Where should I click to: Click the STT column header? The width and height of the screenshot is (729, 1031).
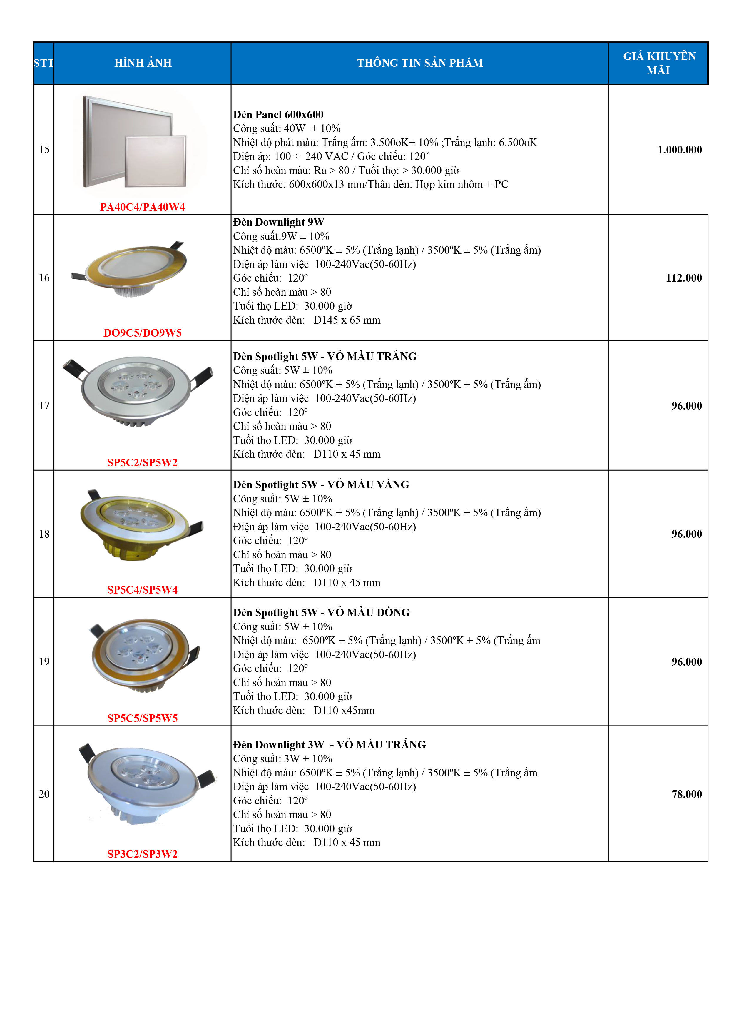tap(44, 63)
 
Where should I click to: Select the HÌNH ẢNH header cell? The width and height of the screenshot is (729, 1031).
tap(143, 63)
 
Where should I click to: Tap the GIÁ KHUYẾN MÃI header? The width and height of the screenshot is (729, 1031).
tap(658, 63)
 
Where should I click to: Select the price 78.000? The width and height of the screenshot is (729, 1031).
tap(686, 794)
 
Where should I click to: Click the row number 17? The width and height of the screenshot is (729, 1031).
tap(44, 405)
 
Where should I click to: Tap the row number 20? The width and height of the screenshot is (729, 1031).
tap(44, 794)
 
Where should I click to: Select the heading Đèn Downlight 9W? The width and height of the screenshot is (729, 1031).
tap(278, 222)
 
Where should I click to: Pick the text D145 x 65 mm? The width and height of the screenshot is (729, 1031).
tap(347, 320)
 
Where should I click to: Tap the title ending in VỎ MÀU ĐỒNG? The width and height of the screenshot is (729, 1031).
tap(321, 612)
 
